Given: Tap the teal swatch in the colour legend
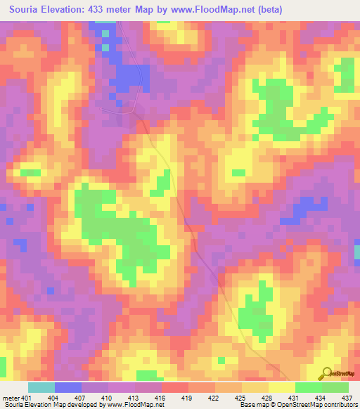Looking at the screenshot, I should pos(41,387).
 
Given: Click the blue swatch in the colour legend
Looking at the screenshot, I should pos(68,387).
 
